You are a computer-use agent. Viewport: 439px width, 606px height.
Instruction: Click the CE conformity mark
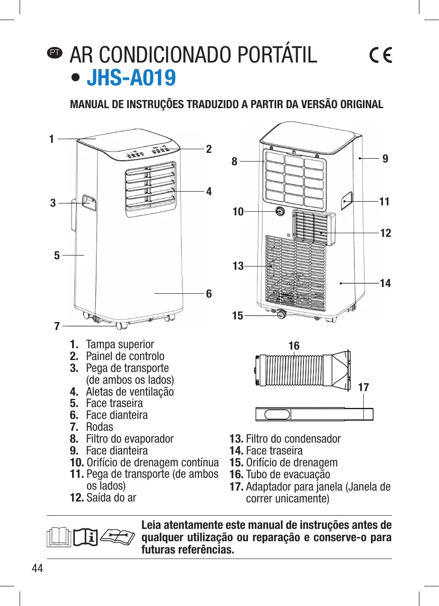tap(381, 55)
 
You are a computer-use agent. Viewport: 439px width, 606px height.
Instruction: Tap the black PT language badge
tap(55, 52)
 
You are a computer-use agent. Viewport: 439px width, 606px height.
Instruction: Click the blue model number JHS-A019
tap(131, 78)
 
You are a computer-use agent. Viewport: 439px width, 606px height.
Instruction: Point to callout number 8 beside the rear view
tap(235, 162)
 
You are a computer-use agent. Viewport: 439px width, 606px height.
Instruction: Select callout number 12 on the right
tap(386, 233)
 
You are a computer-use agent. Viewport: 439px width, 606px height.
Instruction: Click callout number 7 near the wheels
tap(57, 326)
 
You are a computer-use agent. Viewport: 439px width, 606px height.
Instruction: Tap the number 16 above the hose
tap(294, 346)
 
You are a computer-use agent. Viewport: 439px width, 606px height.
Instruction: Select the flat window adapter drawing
tap(314, 414)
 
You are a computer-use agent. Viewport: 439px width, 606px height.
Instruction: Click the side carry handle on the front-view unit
tap(89, 203)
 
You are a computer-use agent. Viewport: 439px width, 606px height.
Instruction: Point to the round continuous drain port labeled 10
tap(280, 211)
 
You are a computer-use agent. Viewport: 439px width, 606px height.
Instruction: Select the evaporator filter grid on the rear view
tap(294, 178)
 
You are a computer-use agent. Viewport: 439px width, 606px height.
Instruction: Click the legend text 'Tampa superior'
tap(120, 345)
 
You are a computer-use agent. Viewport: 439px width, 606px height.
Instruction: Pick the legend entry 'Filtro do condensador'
tap(293, 439)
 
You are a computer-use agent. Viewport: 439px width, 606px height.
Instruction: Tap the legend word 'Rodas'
tap(99, 427)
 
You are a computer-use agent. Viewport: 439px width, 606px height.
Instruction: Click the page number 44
tap(37, 568)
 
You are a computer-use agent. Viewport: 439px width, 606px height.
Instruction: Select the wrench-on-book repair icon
tap(117, 536)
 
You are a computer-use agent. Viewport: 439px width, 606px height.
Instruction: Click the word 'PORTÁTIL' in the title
tap(277, 55)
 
